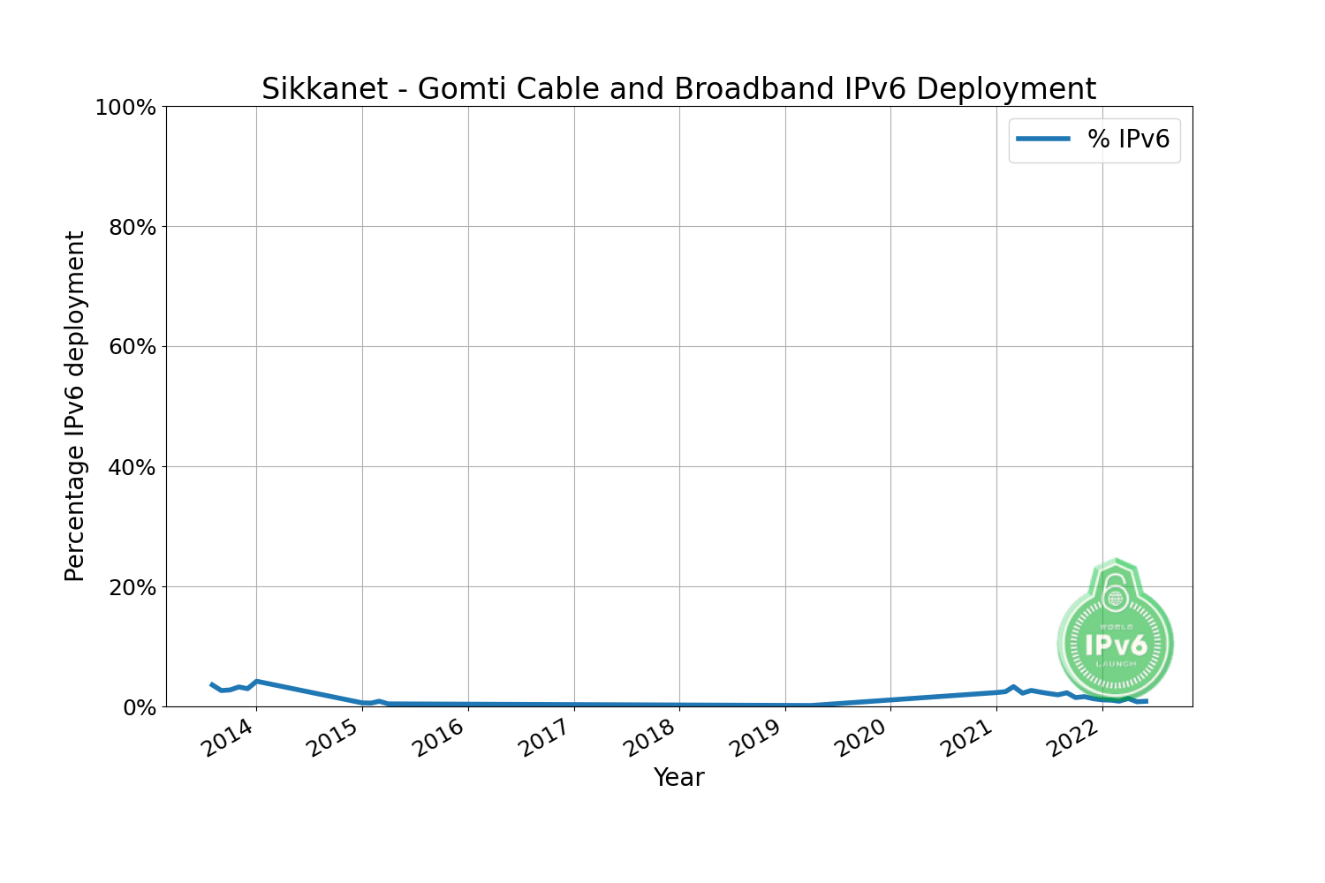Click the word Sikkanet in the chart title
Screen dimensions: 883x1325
324,89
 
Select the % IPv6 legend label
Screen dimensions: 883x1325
1128,140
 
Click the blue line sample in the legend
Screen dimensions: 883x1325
1043,140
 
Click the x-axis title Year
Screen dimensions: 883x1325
678,778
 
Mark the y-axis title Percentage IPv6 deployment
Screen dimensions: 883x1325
75,406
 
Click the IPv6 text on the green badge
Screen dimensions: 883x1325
1116,645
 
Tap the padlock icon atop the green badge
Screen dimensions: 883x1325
1116,593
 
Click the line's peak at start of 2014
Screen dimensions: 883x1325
256,681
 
